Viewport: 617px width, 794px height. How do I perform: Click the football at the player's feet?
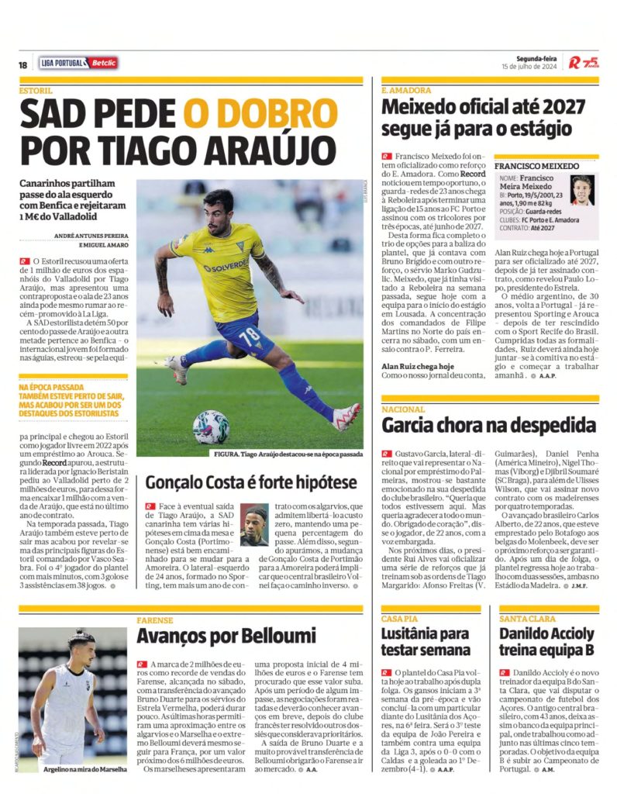pos(211,426)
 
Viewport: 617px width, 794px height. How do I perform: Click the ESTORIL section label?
pos(36,90)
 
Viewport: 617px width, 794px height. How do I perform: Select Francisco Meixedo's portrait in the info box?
pos(581,190)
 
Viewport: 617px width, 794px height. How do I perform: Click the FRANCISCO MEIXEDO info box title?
pos(536,166)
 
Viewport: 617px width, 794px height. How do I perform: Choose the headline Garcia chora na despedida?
pos(488,425)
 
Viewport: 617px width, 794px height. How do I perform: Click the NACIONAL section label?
pos(403,409)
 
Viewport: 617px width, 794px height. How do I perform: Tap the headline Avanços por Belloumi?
pos(226,637)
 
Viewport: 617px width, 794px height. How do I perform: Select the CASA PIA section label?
pos(399,618)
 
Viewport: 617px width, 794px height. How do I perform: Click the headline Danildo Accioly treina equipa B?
pos(547,641)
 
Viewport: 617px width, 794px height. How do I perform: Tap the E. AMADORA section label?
pos(405,90)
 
